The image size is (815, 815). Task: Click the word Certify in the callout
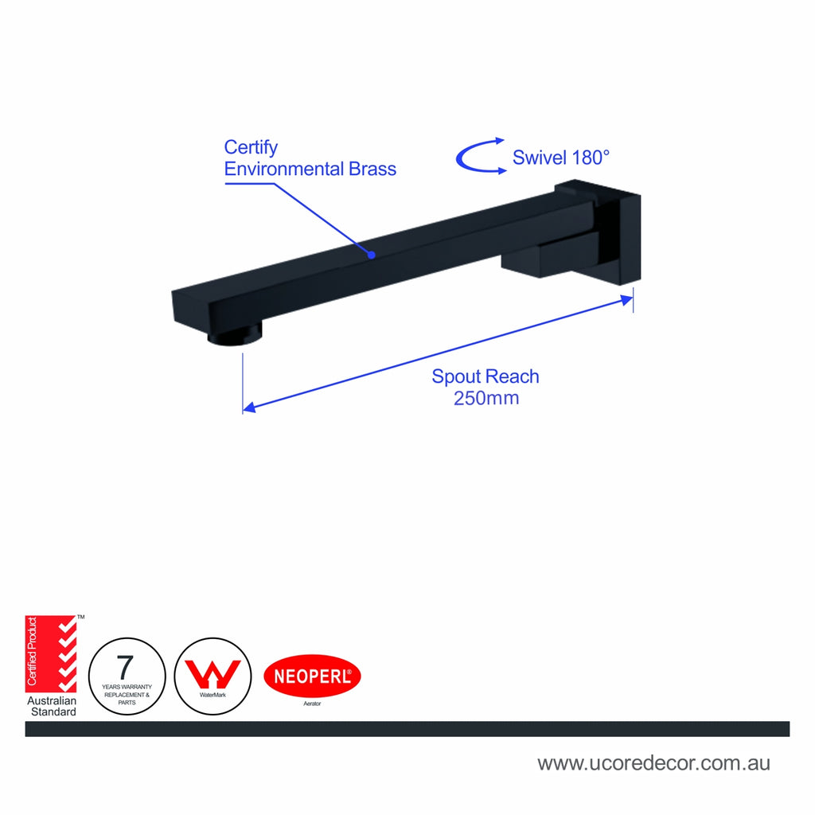251,147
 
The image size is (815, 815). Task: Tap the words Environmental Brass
310,169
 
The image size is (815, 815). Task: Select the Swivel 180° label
561,158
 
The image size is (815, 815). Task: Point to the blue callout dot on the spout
372,255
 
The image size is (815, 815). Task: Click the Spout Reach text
485,376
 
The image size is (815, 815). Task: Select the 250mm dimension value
486,398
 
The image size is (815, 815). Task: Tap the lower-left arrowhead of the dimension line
249,407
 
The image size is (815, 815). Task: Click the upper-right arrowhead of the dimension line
627,300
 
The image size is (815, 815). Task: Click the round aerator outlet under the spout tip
235,333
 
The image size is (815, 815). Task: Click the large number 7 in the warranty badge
125,667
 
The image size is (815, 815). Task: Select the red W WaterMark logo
213,674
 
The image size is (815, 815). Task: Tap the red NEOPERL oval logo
312,676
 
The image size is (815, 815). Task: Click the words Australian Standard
52,707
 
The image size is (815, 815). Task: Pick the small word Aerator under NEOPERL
312,704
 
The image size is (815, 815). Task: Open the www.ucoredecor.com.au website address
654,763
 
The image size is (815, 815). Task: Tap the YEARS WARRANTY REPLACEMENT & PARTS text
127,694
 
